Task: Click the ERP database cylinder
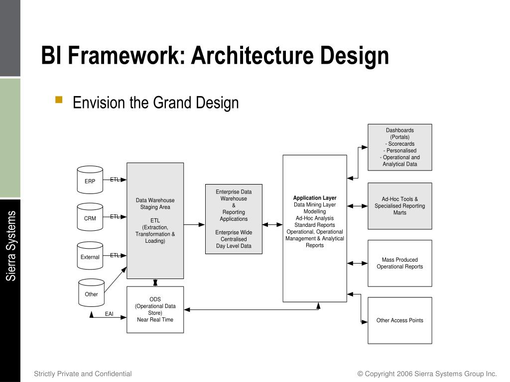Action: point(90,180)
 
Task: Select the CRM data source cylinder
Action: point(90,217)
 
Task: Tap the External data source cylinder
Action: point(90,256)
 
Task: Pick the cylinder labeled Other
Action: point(91,293)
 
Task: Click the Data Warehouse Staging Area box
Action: point(155,220)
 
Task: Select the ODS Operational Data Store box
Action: point(155,309)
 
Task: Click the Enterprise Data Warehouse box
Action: point(234,219)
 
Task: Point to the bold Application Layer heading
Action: point(315,198)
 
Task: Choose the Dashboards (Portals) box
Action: point(399,147)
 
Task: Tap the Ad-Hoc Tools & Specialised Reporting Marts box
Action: point(399,206)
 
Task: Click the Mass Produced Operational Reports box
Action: point(399,263)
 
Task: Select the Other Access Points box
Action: point(399,320)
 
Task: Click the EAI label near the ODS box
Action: point(109,314)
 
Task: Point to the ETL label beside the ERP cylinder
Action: point(115,180)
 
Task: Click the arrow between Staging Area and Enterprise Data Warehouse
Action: point(194,224)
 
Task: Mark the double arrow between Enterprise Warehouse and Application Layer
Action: point(272,224)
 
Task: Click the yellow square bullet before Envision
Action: point(59,99)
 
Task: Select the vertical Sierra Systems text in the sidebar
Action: point(11,246)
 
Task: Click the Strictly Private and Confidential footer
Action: point(83,374)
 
